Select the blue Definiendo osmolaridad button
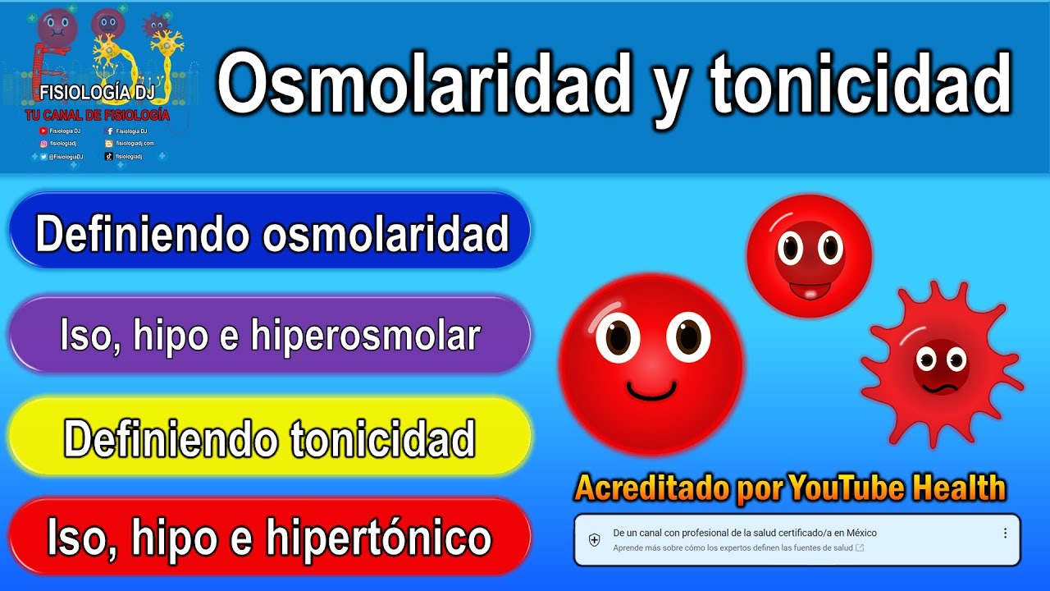coord(271,233)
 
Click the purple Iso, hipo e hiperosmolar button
coord(271,336)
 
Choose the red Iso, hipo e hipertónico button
coord(271,538)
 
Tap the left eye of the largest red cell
coord(618,337)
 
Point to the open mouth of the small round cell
coord(810,289)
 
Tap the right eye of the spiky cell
coord(956,359)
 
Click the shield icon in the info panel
coord(595,540)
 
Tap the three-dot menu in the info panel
coord(1005,534)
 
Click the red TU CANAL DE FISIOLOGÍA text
coord(96,116)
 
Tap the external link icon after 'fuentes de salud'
coord(859,547)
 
